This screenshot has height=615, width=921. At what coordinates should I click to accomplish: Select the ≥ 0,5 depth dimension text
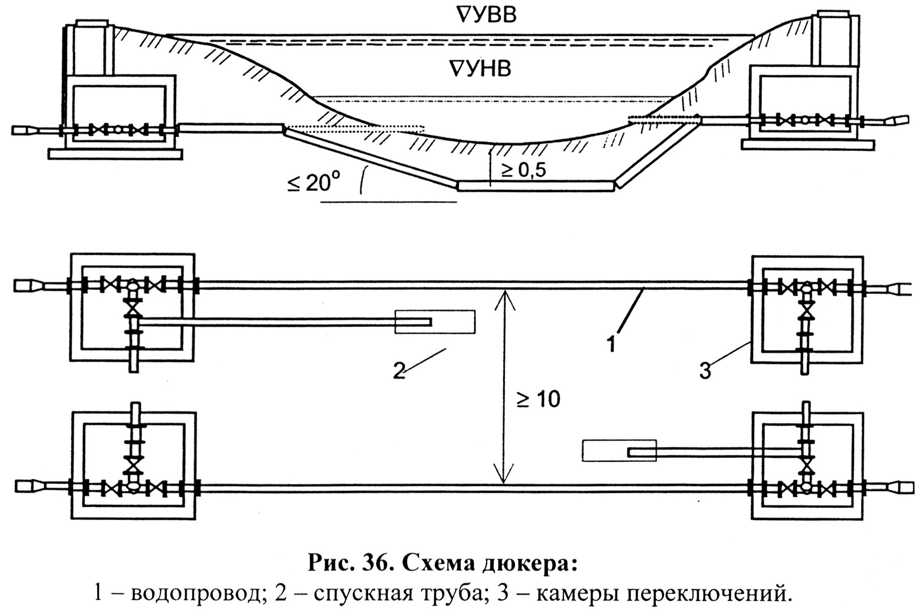tap(523, 170)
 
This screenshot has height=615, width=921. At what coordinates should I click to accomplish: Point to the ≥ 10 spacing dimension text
tap(538, 399)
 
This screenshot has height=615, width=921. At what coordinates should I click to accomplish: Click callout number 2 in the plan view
tap(399, 371)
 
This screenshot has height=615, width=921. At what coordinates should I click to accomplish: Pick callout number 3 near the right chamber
tap(705, 371)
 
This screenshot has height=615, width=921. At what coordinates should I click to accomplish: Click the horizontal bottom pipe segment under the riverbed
tap(536, 186)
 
